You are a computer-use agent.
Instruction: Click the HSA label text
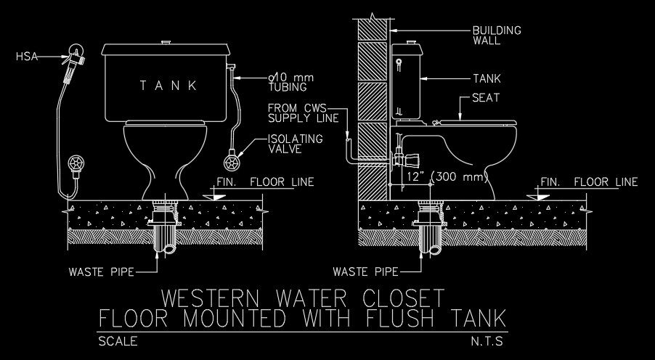click(x=27, y=55)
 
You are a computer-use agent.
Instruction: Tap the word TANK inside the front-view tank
click(x=169, y=86)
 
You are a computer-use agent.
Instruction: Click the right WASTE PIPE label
click(x=365, y=273)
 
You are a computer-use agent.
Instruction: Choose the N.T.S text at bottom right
click(x=487, y=340)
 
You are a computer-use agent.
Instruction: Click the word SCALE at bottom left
click(x=117, y=340)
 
